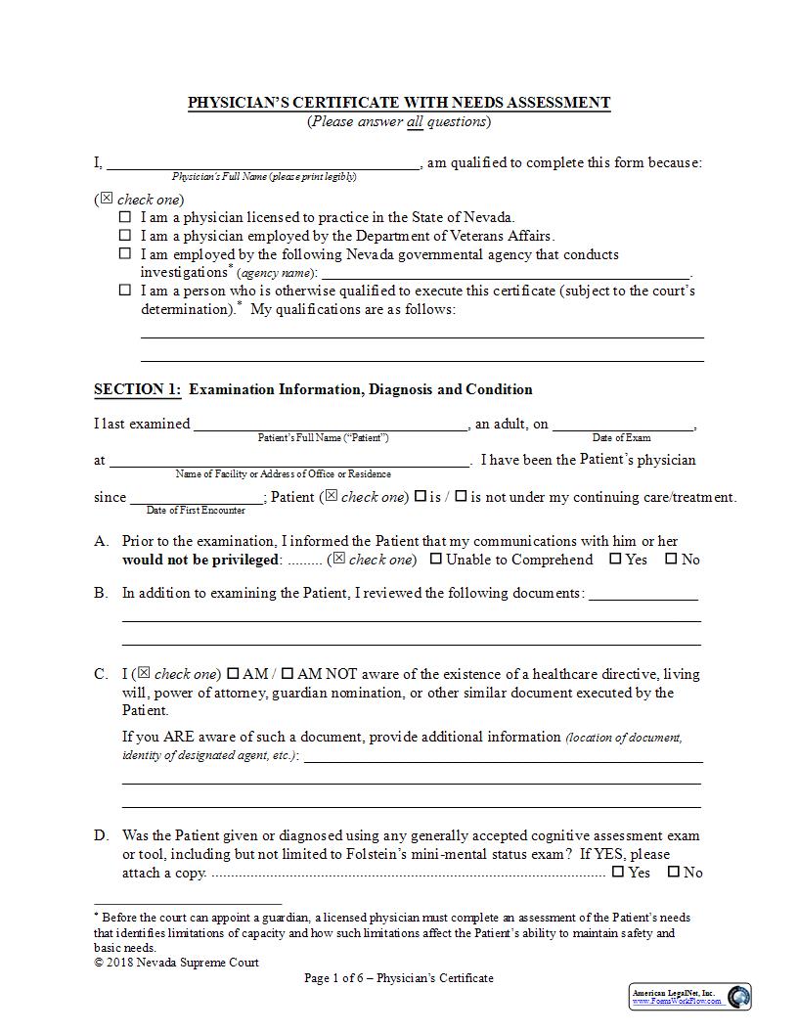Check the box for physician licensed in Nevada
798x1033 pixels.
coord(125,217)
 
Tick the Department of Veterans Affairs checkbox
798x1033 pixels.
coord(125,236)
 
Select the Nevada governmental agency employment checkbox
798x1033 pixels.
coord(125,253)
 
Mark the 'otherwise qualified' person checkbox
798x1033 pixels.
coord(125,291)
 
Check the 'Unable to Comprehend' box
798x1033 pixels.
coord(436,560)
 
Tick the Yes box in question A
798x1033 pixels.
coord(615,560)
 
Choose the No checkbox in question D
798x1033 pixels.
coord(673,872)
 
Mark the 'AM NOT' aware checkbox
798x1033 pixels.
coord(288,674)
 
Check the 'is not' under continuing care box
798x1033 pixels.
coord(461,496)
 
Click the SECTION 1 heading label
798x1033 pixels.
coord(137,389)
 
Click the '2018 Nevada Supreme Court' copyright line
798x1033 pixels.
coord(177,963)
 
